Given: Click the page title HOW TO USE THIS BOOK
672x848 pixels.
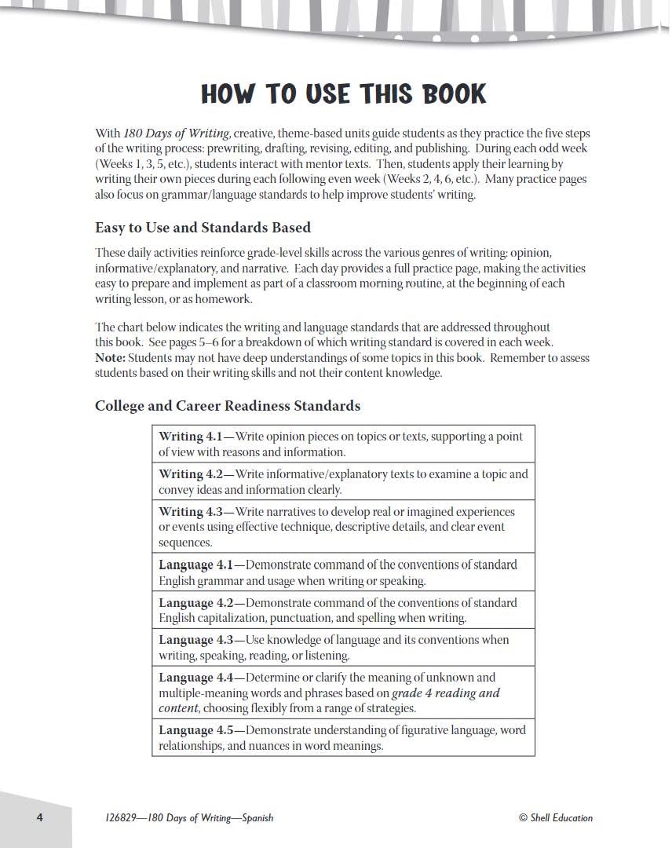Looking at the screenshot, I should [x=343, y=94].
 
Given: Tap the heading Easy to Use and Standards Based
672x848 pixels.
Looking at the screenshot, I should [x=203, y=228].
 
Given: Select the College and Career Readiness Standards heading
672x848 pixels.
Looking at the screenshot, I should [x=228, y=406].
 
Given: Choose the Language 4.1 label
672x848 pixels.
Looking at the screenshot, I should [x=195, y=565].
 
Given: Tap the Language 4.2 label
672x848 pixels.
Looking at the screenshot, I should [x=195, y=603].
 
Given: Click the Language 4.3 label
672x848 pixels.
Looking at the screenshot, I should [x=195, y=640].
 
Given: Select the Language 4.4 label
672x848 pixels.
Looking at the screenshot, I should [x=195, y=678].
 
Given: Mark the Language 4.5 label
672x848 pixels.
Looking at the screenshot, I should [x=195, y=730].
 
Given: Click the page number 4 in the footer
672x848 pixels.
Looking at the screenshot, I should [x=39, y=817].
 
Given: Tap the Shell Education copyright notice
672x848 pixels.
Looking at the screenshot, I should [x=556, y=818].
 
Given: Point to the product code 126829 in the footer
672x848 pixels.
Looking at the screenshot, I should [x=119, y=818].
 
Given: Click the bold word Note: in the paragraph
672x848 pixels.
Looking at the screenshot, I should [x=110, y=358].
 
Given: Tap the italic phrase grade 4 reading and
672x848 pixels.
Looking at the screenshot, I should [x=446, y=693].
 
